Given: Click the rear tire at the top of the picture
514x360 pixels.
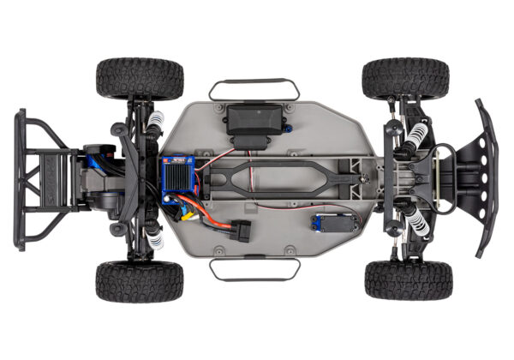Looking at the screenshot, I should point(140,79).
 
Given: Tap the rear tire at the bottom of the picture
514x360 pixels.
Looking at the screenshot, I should point(140,281).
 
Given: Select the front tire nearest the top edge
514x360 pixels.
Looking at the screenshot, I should point(404,79).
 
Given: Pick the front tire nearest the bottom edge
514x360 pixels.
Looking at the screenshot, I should point(408,279).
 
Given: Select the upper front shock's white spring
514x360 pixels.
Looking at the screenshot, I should point(417,132).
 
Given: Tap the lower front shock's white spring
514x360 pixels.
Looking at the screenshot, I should point(417,224).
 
